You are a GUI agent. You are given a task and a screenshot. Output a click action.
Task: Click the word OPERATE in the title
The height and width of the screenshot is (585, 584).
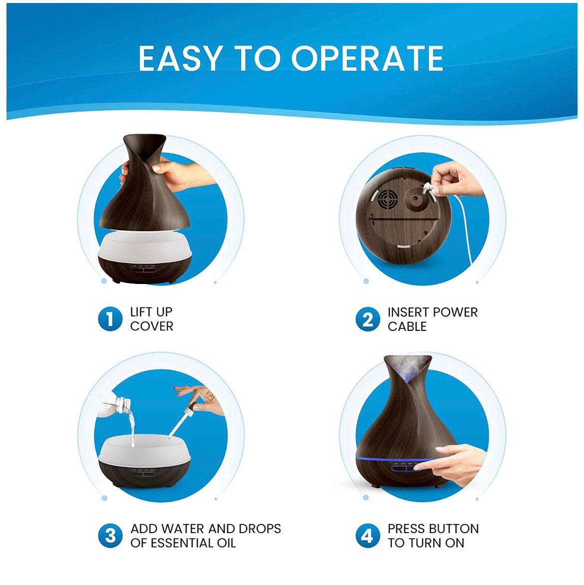pos(367,58)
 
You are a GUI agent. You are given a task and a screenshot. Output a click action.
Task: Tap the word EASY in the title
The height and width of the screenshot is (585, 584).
pos(181,58)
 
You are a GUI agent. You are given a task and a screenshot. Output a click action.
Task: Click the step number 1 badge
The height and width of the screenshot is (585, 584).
pos(110,319)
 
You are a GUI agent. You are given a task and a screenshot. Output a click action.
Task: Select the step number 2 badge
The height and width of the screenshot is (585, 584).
pos(367,319)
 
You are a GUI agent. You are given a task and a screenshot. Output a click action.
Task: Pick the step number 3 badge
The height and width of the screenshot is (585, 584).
pos(110,536)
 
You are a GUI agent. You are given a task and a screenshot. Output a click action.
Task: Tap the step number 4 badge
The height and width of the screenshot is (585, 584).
pos(367,536)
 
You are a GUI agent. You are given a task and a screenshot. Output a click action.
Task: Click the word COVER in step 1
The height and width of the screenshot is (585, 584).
pos(152,326)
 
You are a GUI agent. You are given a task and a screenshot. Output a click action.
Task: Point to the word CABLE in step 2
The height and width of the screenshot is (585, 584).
pos(407,326)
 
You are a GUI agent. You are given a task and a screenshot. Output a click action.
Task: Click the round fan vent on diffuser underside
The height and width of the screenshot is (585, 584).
pos(387,199)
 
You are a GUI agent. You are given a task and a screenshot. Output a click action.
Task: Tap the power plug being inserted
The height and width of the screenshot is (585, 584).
pos(428,188)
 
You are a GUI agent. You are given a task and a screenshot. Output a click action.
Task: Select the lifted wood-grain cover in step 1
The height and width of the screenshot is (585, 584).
pos(144,183)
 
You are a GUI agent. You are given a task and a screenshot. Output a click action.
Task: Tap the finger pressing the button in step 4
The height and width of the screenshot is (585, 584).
pos(425,465)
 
